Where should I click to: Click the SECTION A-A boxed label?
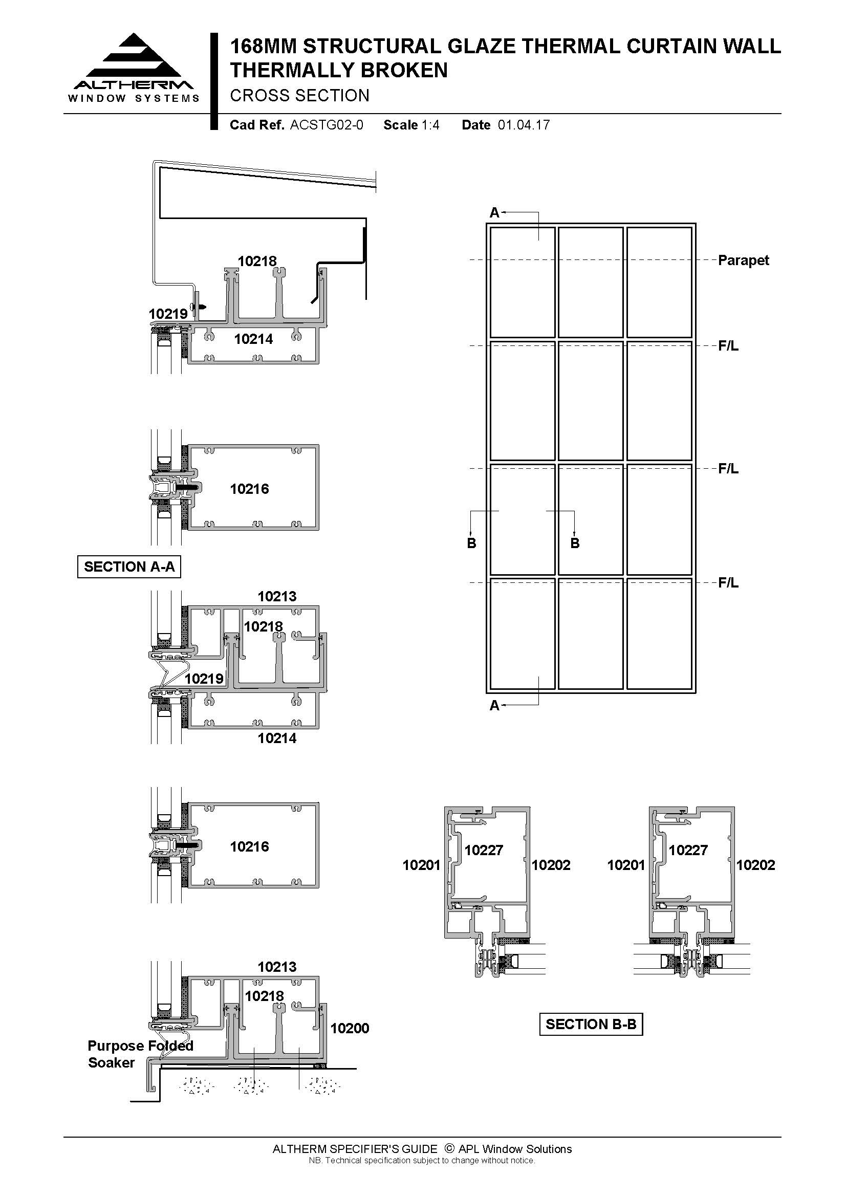[x=129, y=567]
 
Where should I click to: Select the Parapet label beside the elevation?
[x=743, y=260]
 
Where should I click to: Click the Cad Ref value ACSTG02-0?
[x=327, y=125]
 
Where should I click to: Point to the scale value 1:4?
[x=430, y=125]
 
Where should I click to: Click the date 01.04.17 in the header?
[x=524, y=125]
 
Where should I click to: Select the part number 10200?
[x=350, y=1028]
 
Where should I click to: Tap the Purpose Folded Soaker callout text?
[x=140, y=1054]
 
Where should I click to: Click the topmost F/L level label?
[x=728, y=346]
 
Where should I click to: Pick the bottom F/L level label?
[x=728, y=583]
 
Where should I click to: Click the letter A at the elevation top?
[x=494, y=213]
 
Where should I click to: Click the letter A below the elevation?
[x=494, y=706]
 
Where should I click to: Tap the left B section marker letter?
[x=471, y=543]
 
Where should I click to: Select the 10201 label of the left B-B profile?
[x=421, y=865]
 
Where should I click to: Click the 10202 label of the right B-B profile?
[x=755, y=865]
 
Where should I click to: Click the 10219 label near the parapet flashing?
[x=168, y=314]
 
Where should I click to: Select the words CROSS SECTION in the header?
[x=300, y=96]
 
